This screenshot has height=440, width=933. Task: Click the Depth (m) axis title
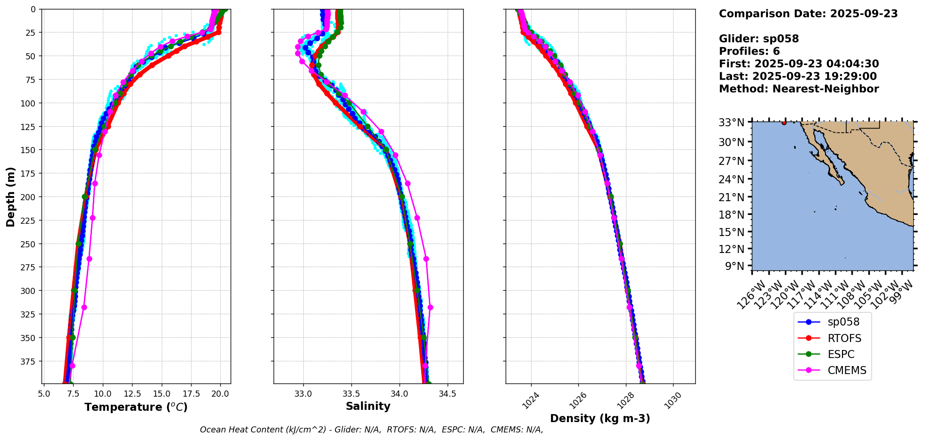(10, 196)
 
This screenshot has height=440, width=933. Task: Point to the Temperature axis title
(136, 407)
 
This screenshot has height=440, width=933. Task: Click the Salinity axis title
(368, 407)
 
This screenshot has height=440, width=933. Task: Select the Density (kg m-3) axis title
(600, 418)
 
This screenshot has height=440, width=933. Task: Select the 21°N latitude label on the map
(732, 197)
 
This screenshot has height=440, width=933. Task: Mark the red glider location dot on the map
(784, 122)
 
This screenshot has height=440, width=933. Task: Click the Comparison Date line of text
(808, 14)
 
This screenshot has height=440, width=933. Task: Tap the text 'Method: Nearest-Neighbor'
(799, 89)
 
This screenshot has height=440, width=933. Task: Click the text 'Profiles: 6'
(749, 51)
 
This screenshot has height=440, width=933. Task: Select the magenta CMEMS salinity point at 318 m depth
(430, 308)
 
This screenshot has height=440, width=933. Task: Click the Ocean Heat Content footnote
(371, 430)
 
